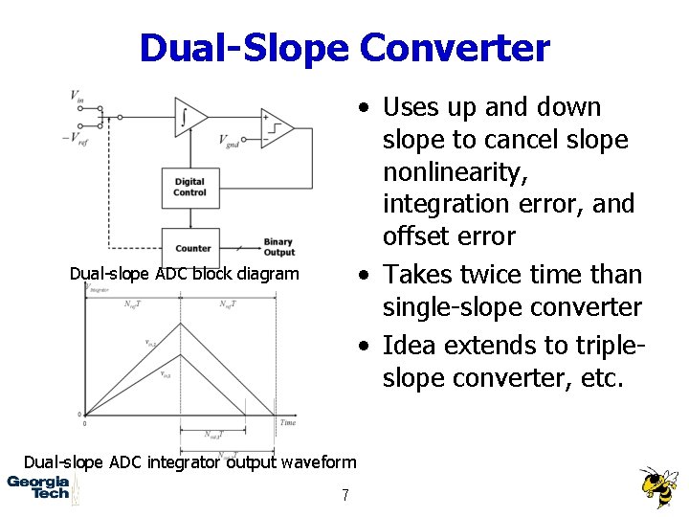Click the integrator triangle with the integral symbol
[x=189, y=118]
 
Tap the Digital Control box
[x=189, y=187]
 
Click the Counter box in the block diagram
[x=192, y=248]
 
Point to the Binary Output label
[x=278, y=247]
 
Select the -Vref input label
[x=75, y=137]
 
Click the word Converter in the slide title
[x=455, y=47]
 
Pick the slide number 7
[x=345, y=495]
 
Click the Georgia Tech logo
[x=38, y=487]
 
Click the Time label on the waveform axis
[x=288, y=422]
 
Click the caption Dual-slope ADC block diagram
[x=184, y=274]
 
